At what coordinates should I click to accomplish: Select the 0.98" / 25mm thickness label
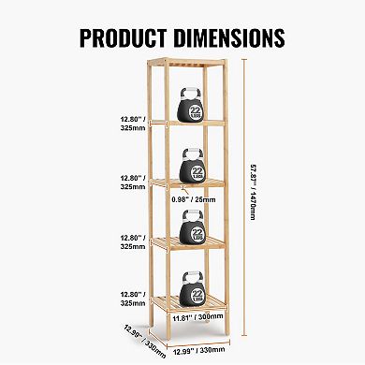click(x=208, y=197)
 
